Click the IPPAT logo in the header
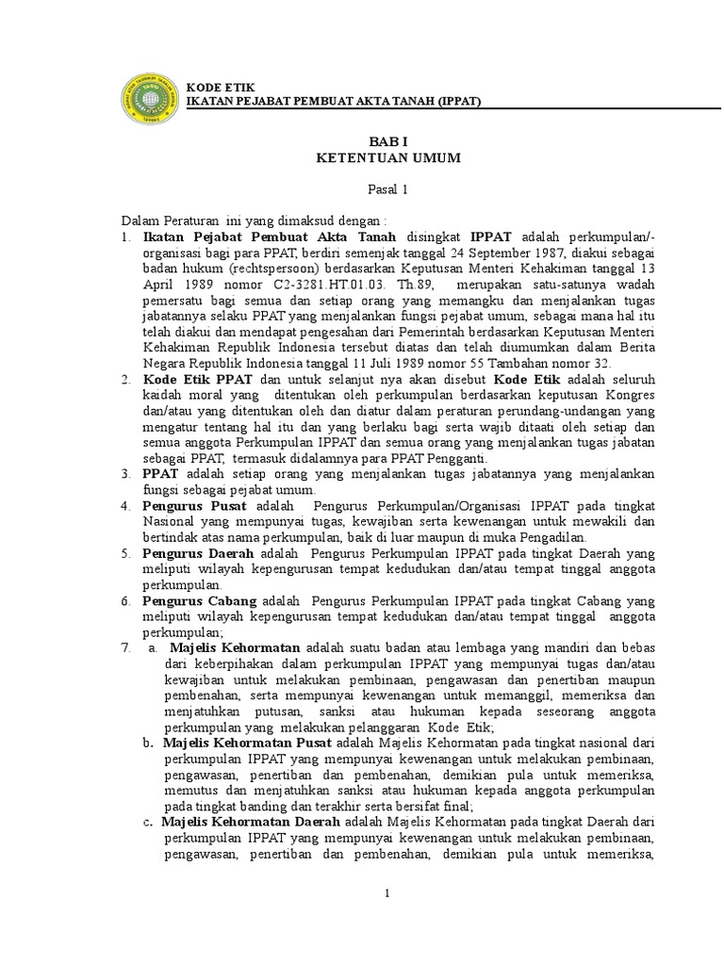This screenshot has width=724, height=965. pyautogui.click(x=154, y=93)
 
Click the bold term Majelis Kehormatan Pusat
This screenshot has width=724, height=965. pyautogui.click(x=239, y=741)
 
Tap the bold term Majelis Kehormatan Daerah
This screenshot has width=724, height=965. pyautogui.click(x=242, y=821)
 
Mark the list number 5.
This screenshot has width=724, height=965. pyautogui.click(x=124, y=552)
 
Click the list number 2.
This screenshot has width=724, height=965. pyautogui.click(x=124, y=378)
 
